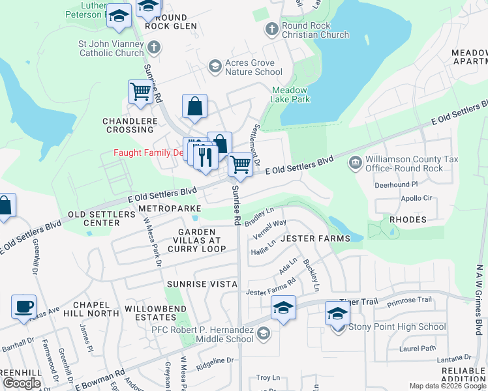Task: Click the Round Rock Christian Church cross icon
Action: [272, 29]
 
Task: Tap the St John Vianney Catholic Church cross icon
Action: [153, 48]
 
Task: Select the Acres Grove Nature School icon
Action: [215, 66]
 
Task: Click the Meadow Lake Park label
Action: [290, 94]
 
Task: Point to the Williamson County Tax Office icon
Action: [356, 162]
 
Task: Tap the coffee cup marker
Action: [23, 306]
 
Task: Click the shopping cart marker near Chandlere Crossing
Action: [141, 92]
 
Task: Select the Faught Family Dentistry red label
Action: [148, 152]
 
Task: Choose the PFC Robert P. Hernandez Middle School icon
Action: [262, 334]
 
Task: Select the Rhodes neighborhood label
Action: [407, 220]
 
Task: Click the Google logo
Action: [22, 383]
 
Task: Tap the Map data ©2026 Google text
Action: [447, 386]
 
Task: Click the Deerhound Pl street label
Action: [395, 184]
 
